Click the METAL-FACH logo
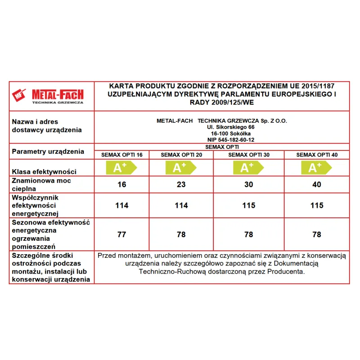click(51, 96)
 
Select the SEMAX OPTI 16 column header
click(121, 155)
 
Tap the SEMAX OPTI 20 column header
click(180, 155)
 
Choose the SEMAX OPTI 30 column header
click(249, 155)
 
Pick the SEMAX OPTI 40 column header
click(317, 155)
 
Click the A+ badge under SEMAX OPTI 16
click(121, 168)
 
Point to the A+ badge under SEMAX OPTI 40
click(315, 168)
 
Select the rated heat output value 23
click(180, 184)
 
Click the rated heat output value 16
click(121, 184)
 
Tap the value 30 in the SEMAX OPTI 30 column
click(249, 184)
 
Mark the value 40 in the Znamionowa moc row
click(317, 184)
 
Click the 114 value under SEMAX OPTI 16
click(121, 205)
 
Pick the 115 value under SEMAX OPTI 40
click(317, 205)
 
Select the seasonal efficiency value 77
click(121, 234)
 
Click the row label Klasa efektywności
click(44, 171)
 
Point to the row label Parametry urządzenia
click(48, 151)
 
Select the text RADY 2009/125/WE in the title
click(222, 103)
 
